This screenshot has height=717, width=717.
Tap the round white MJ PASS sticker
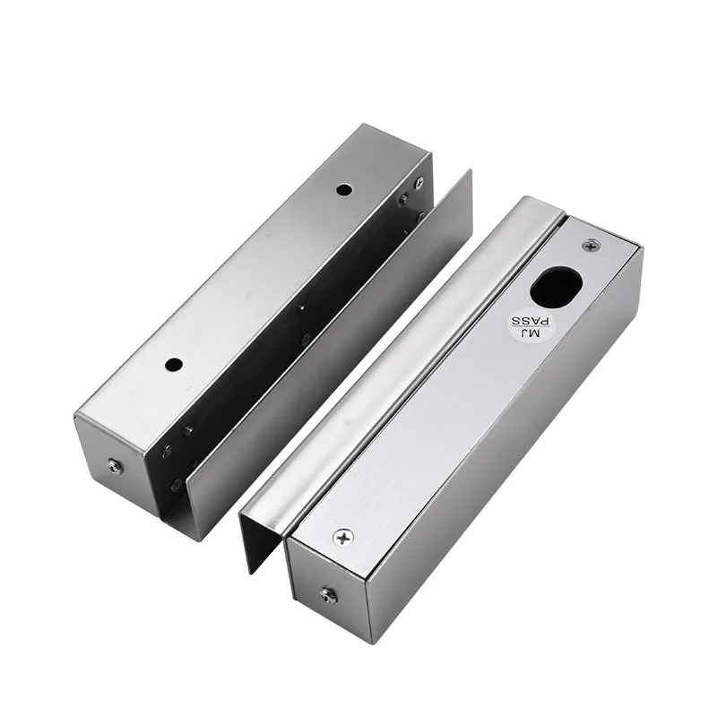click(x=529, y=327)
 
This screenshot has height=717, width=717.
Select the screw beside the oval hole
click(x=592, y=246)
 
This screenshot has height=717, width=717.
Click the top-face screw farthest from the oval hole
click(x=343, y=537)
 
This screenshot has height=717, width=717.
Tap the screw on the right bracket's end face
click(x=328, y=595)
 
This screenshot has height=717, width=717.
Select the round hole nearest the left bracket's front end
click(x=174, y=365)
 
